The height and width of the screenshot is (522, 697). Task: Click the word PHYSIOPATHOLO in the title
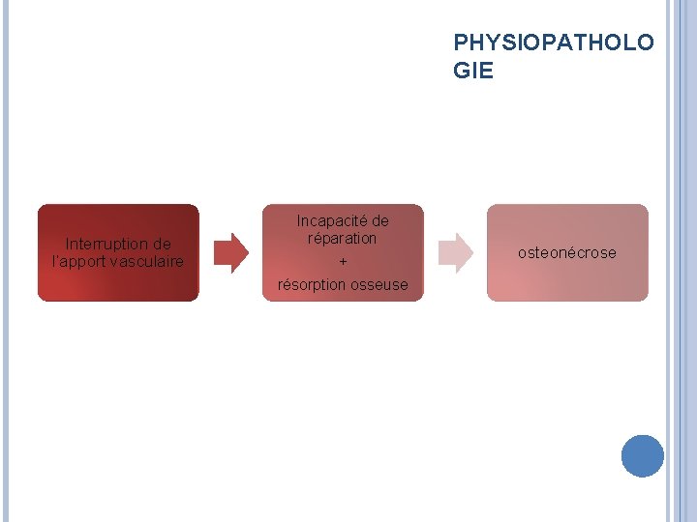[x=553, y=43]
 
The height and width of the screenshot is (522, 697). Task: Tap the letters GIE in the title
[x=472, y=71]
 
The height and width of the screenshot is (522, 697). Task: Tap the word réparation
[x=342, y=238]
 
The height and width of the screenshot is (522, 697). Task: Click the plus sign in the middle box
[x=343, y=262]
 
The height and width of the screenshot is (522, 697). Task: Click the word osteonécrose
[x=566, y=253]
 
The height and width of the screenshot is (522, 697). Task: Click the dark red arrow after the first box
[x=230, y=252]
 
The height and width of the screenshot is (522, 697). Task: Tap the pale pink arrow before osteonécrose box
[x=455, y=252]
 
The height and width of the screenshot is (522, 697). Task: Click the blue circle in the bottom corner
[x=642, y=455]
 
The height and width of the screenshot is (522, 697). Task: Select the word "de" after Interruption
[x=162, y=244]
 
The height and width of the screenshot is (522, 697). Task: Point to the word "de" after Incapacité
[x=379, y=220]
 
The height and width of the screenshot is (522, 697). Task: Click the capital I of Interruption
[x=67, y=244]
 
